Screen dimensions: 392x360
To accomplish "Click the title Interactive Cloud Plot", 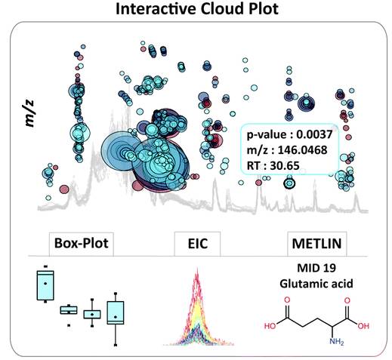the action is click(197, 9).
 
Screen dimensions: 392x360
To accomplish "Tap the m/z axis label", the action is click(29, 113).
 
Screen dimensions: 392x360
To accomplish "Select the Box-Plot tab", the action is click(82, 243).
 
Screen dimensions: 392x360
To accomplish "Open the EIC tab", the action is click(198, 244).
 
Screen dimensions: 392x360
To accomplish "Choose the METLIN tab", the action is click(316, 244).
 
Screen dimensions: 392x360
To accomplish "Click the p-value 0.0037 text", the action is click(289, 135).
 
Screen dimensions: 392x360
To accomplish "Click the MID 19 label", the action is click(316, 268).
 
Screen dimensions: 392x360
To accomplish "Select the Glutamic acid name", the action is click(316, 284).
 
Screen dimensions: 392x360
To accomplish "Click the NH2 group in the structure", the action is click(337, 342).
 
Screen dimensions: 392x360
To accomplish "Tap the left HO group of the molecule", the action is click(270, 326).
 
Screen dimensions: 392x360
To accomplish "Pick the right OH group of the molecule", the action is click(363, 326).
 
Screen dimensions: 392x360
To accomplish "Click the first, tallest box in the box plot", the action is click(45, 285).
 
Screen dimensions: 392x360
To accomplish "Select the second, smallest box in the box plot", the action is click(69, 310).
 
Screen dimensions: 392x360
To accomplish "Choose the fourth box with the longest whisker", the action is click(116, 312).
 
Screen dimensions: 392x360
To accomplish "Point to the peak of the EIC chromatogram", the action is click(197, 269).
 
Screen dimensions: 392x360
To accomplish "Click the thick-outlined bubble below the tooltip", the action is click(289, 183).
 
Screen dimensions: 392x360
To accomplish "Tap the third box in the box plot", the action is click(92, 315).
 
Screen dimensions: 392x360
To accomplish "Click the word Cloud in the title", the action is click(222, 9).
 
